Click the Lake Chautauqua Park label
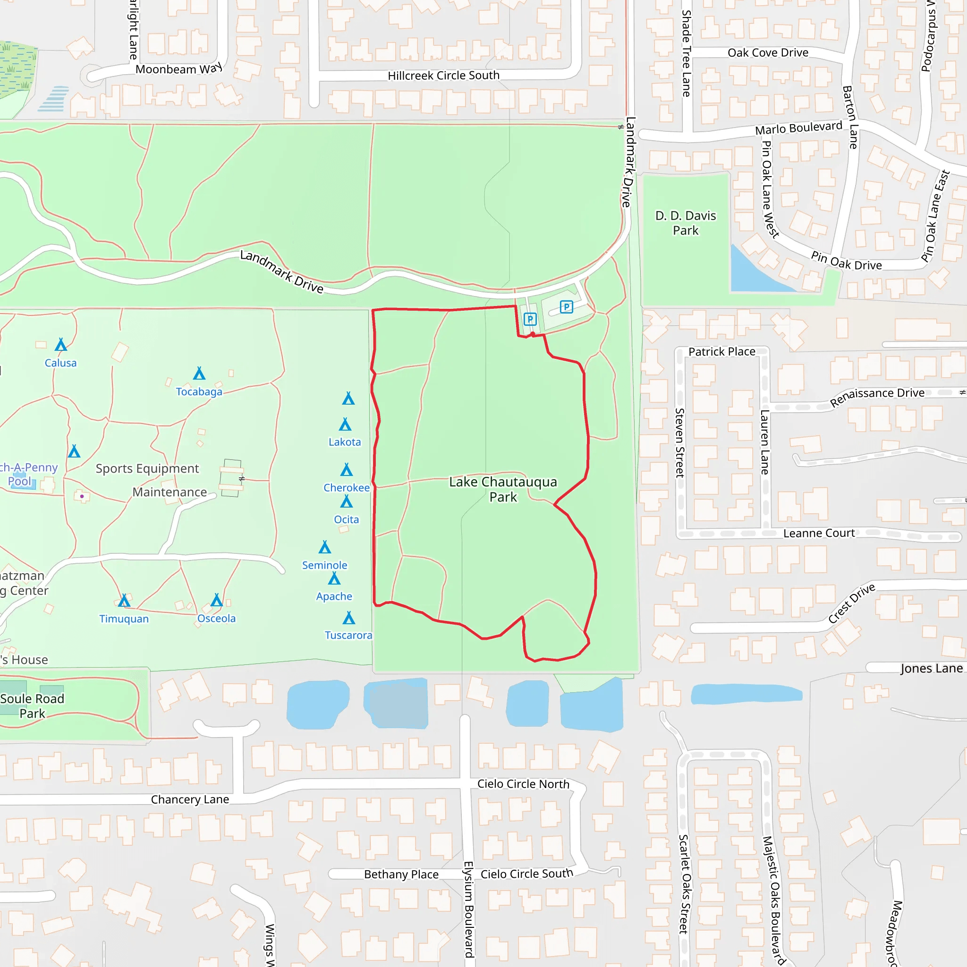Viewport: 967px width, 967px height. click(502, 489)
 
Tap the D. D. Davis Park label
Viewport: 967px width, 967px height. click(685, 223)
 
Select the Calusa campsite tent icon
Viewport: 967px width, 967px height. click(61, 344)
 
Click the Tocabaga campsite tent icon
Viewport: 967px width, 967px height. click(199, 373)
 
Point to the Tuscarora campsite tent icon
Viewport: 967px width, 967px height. click(349, 618)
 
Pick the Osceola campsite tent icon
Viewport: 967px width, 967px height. click(217, 600)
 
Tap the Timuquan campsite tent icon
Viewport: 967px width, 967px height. click(124, 600)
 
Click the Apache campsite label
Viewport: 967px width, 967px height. click(334, 596)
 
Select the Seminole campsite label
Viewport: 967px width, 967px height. click(324, 565)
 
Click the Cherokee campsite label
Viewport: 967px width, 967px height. click(347, 487)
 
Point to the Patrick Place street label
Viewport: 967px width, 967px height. click(722, 352)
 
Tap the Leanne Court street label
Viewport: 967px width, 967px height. click(819, 533)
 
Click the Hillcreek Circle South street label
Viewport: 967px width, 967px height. click(443, 76)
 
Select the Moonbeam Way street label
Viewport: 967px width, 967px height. click(178, 69)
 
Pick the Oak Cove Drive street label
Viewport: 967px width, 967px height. click(768, 52)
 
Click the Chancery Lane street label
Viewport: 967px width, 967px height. click(190, 799)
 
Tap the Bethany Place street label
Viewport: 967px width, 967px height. click(401, 874)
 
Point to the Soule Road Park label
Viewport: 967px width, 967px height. click(33, 706)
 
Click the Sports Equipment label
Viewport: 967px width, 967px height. click(147, 468)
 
